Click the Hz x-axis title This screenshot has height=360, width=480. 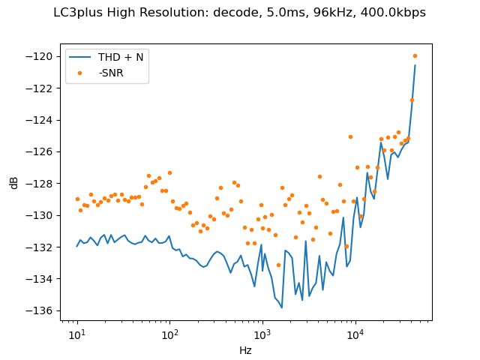coord(245,349)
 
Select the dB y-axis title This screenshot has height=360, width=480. coord(15,182)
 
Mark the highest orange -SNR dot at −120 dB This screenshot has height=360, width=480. coord(415,55)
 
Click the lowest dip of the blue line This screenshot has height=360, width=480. coord(282,307)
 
